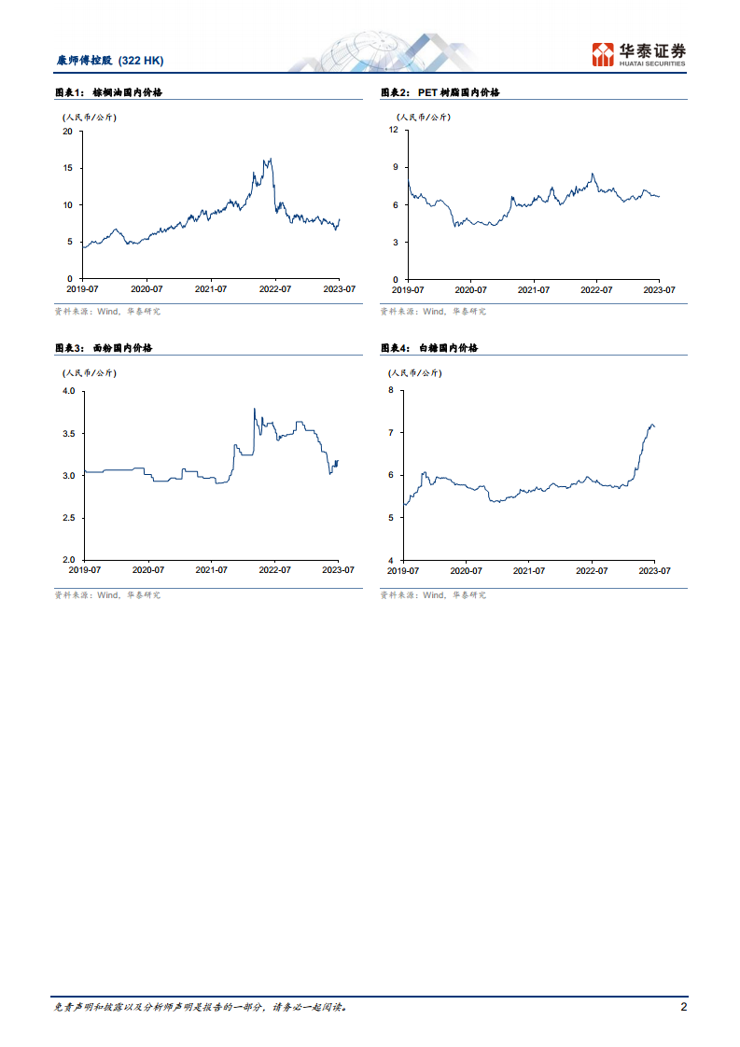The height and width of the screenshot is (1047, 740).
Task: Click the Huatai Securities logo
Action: click(x=639, y=54)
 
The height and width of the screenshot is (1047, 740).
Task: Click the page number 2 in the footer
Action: click(x=684, y=1007)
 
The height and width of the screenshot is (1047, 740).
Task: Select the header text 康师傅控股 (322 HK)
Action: click(x=110, y=61)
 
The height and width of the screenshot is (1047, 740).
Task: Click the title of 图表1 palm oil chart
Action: click(x=109, y=92)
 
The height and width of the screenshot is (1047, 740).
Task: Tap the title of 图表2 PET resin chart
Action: click(x=440, y=92)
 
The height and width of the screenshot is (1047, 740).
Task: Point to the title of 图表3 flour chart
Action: click(x=104, y=347)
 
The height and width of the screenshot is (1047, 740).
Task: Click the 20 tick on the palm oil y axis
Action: click(x=67, y=131)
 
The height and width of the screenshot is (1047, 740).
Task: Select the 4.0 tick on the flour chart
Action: click(x=68, y=391)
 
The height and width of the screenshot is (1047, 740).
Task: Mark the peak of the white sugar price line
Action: click(x=651, y=424)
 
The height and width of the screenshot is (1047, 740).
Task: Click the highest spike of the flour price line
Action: click(x=255, y=408)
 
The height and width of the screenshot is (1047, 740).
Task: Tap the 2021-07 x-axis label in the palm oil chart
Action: click(x=211, y=289)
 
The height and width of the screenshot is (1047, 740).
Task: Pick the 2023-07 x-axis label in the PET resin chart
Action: click(x=659, y=289)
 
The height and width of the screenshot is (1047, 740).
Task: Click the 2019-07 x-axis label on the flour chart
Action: click(x=84, y=569)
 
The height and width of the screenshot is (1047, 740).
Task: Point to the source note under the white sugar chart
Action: click(x=433, y=594)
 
